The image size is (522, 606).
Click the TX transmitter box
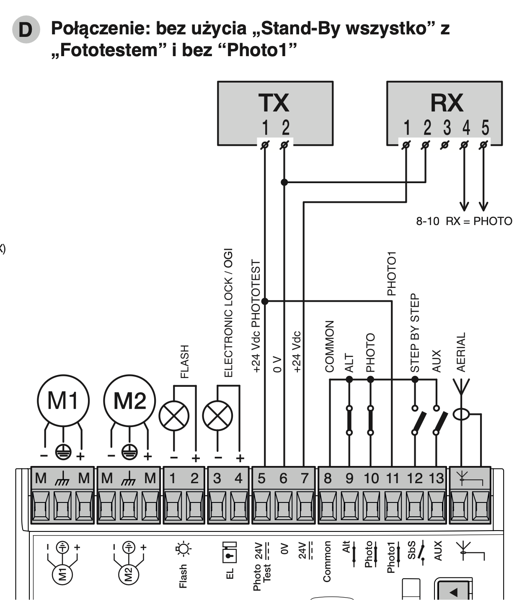pos(275,113)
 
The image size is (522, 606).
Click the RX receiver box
pos(444,113)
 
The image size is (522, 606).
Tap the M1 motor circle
pos(63,401)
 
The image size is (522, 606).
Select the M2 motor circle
pos(129,401)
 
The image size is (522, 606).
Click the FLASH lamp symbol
pos(174,416)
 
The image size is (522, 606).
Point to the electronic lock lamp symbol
pos(217,416)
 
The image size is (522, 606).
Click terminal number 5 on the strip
pos(261,479)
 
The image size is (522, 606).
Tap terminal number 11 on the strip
pos(393,479)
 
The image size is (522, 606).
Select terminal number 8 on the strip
pos(328,479)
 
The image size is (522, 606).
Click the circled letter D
pos(26,30)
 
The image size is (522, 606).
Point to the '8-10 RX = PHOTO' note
pos(464,221)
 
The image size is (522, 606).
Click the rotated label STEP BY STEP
pos(415,333)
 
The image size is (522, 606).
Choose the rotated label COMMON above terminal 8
pos(330,347)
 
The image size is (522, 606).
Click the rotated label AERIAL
pos(461,352)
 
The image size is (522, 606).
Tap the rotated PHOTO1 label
pos(392,273)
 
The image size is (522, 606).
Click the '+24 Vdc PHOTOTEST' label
pos(256,316)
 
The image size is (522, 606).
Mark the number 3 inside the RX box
pos(447,127)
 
